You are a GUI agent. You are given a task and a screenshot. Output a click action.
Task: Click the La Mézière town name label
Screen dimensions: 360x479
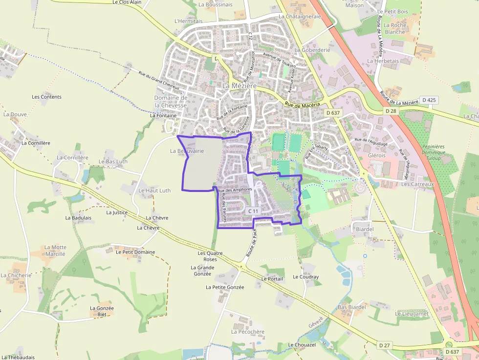(x=239, y=85)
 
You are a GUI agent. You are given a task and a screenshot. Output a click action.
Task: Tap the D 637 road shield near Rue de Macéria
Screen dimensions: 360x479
(x=332, y=113)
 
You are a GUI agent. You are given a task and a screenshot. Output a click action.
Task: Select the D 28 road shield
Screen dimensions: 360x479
(x=390, y=111)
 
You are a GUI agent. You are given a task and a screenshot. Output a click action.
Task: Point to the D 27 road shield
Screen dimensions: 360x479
(x=385, y=345)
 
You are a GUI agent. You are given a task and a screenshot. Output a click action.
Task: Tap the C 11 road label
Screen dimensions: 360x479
(x=253, y=211)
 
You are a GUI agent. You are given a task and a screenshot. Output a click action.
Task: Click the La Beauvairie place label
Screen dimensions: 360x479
(x=187, y=151)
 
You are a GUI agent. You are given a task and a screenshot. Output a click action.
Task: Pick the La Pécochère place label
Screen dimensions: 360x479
(x=248, y=332)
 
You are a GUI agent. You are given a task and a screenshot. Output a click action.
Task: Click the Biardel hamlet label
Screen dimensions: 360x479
(x=365, y=229)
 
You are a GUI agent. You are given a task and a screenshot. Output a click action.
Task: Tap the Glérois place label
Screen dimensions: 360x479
(x=377, y=155)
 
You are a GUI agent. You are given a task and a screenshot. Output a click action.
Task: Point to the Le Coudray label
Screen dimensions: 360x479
(x=305, y=277)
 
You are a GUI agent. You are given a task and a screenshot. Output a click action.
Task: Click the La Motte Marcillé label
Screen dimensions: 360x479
(x=55, y=251)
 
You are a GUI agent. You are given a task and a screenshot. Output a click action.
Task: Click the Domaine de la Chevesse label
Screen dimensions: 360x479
(x=171, y=101)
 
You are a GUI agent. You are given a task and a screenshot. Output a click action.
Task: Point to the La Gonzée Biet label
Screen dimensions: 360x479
(x=102, y=311)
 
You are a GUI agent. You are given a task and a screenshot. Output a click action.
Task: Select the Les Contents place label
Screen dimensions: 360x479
(x=47, y=97)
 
